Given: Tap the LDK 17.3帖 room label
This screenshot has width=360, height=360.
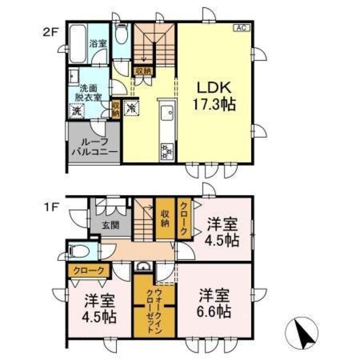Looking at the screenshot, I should point(215,96).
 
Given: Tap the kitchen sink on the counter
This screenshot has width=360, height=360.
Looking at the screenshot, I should point(167,116).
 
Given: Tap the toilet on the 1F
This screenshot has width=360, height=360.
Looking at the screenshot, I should point(78,250).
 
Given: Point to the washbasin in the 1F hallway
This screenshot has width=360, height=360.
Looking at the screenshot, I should point(143,267).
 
